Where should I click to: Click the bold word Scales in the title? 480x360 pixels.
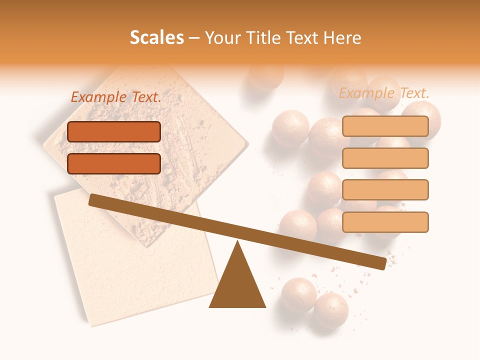click(x=157, y=38)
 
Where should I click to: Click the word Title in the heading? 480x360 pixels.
click(x=261, y=38)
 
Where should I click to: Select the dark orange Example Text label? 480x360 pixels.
click(x=116, y=97)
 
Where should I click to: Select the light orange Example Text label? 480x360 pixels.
click(x=384, y=93)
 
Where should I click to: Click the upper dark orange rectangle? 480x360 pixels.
click(x=114, y=131)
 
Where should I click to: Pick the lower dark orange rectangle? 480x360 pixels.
click(x=114, y=163)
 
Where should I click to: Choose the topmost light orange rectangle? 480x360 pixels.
click(x=385, y=126)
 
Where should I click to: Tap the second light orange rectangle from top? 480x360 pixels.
click(x=385, y=158)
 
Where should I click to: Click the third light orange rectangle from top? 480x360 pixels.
click(x=385, y=190)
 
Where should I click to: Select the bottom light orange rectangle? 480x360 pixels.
click(x=385, y=222)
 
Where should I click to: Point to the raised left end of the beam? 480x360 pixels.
click(x=93, y=200)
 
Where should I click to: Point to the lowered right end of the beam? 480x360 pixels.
click(x=382, y=263)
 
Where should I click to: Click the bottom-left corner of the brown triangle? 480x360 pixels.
click(x=210, y=306)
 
